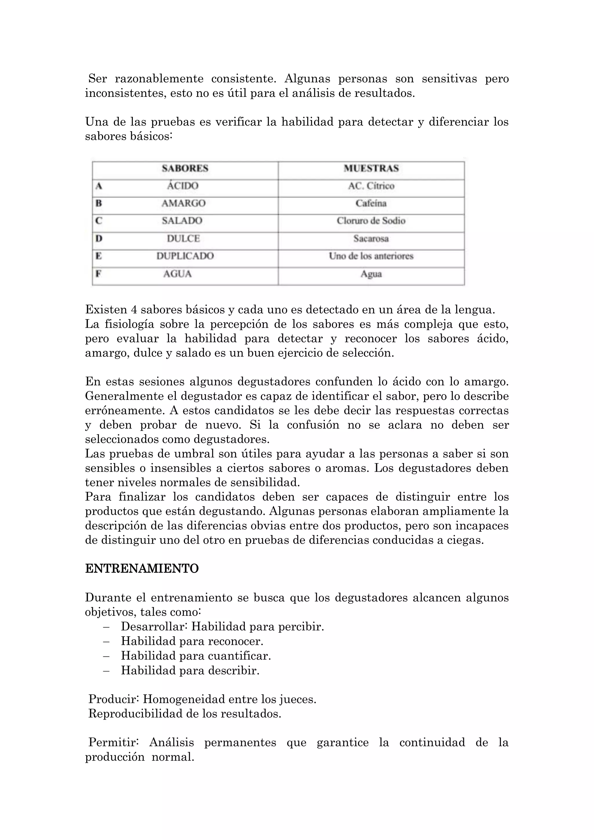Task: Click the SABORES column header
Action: [185, 168]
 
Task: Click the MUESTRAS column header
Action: [371, 168]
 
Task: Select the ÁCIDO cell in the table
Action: [182, 186]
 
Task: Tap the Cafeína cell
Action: [371, 203]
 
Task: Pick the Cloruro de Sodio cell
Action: [371, 221]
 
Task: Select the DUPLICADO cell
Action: [185, 256]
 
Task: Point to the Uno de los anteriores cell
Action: [371, 256]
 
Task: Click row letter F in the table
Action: [98, 274]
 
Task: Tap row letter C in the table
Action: [98, 221]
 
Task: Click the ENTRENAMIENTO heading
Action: [142, 569]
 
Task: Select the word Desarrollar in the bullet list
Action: [154, 627]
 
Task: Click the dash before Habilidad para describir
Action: [106, 670]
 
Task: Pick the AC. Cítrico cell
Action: [371, 186]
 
